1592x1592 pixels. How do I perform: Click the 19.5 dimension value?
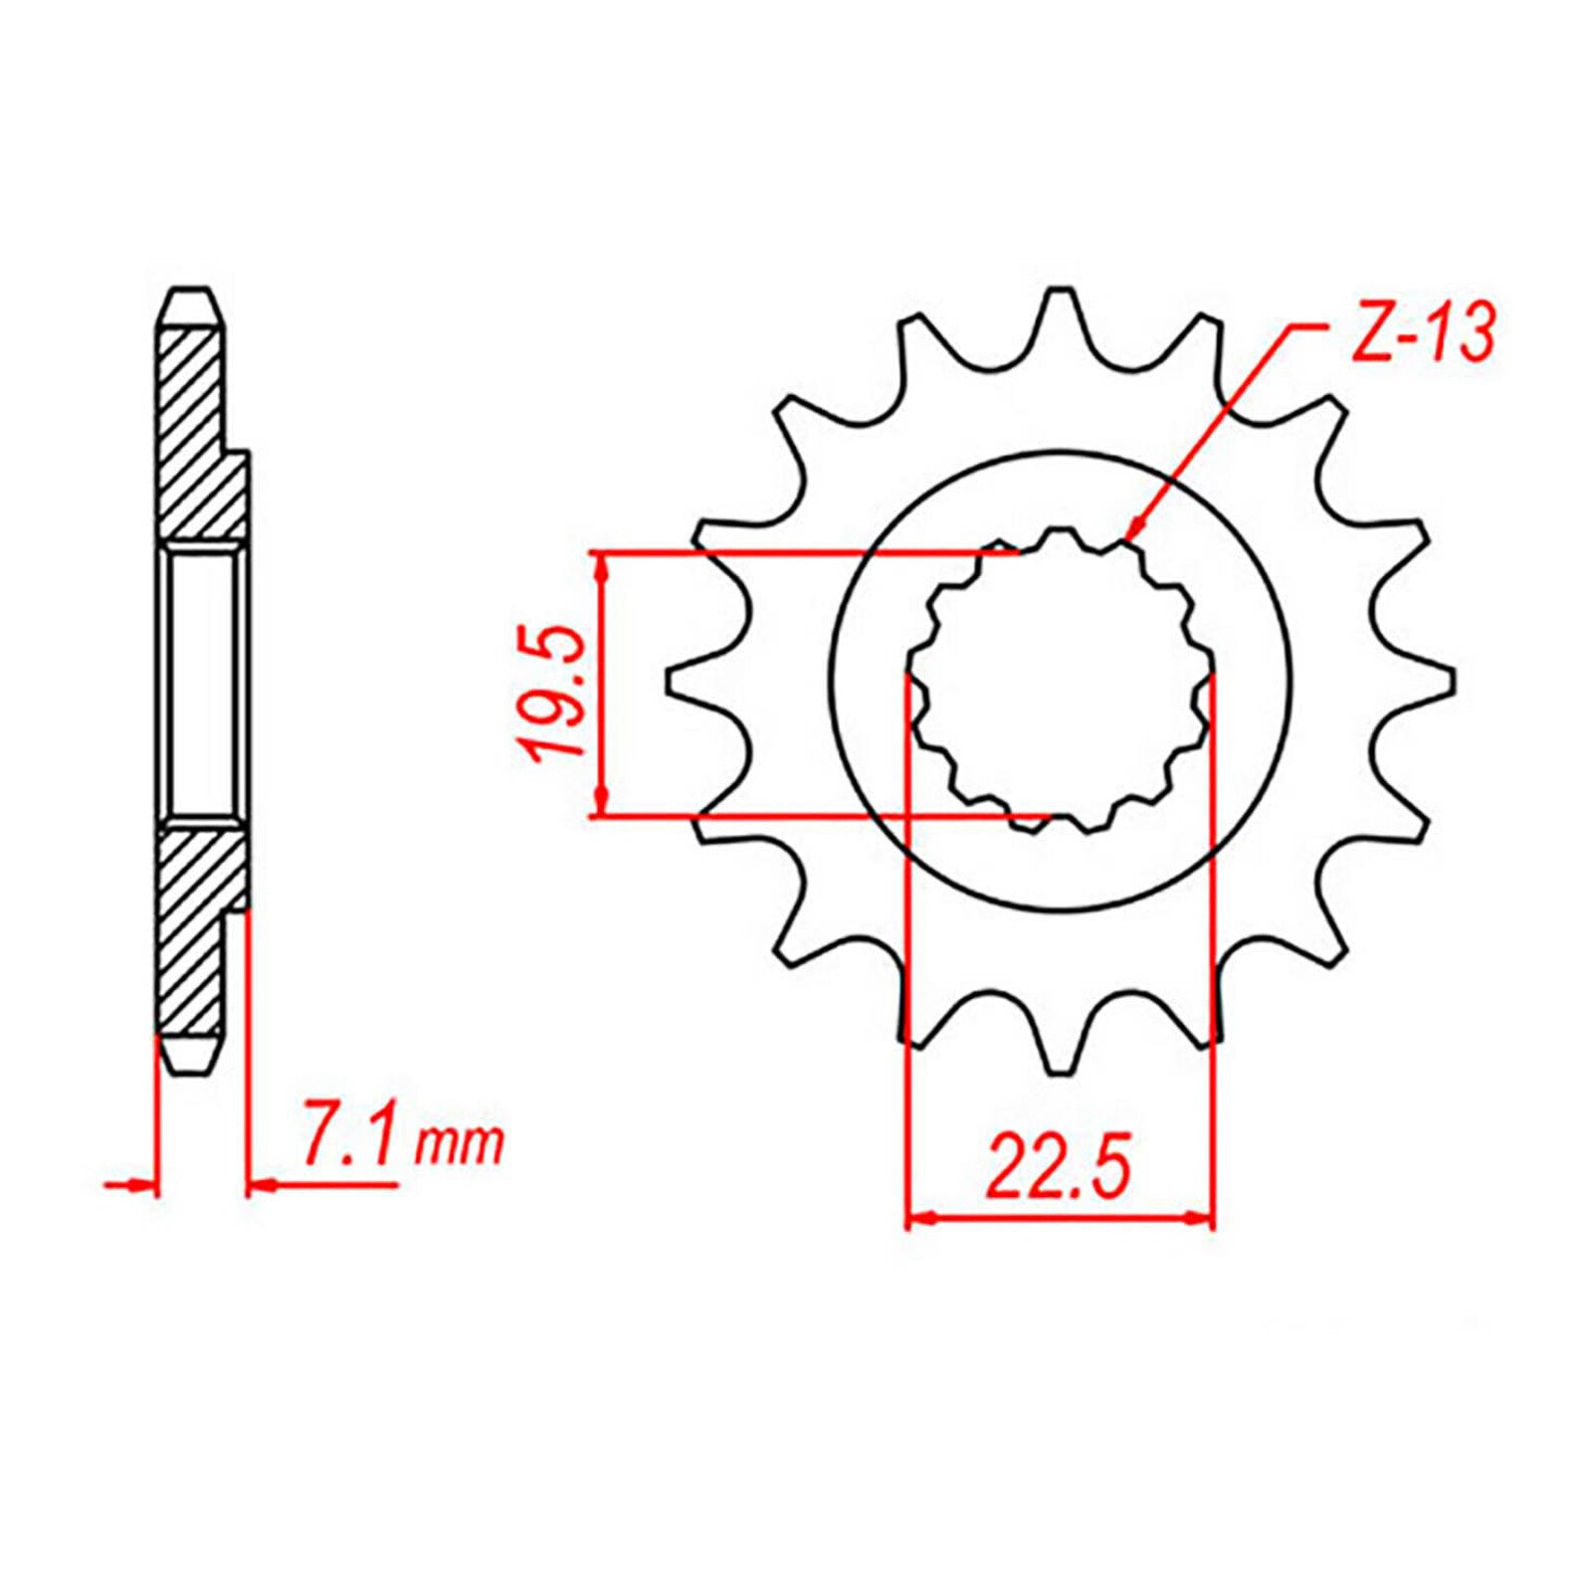(555, 693)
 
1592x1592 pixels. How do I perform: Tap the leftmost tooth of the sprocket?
(685, 681)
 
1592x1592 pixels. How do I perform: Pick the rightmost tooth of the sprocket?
(1439, 681)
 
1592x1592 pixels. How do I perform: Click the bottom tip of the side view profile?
(189, 1071)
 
